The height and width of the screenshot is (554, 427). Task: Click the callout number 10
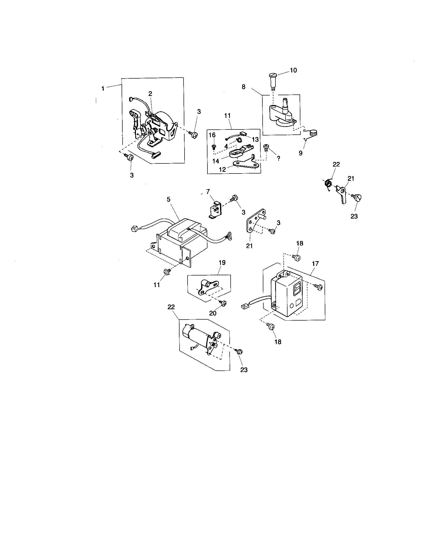[x=293, y=70]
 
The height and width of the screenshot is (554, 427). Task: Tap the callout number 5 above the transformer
[x=169, y=199]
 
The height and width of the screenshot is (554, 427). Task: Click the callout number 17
[x=315, y=264]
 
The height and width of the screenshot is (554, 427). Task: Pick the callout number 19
[x=222, y=263]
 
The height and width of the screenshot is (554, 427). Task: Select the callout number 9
[x=300, y=153]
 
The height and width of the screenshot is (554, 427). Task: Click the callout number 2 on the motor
[x=150, y=94]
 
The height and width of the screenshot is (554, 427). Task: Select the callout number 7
[x=208, y=191]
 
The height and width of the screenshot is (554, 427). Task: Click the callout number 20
[x=213, y=313]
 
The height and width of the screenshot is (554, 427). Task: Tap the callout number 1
[x=103, y=89]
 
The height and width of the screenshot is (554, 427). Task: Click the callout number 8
[x=243, y=87]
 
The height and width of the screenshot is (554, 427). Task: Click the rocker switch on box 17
[x=296, y=289]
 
